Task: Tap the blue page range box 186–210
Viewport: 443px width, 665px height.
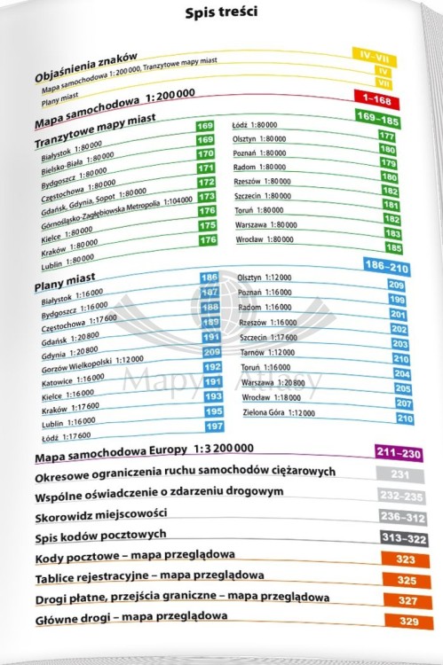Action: tap(386, 266)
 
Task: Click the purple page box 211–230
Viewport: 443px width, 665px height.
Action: tap(397, 454)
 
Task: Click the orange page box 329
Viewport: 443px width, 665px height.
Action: tap(409, 622)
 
